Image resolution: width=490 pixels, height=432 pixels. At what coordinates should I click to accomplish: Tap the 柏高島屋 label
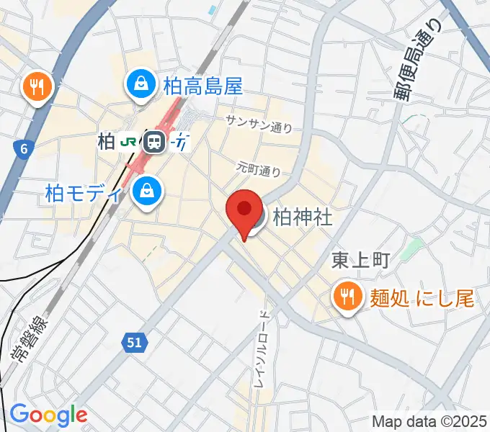[x=203, y=86]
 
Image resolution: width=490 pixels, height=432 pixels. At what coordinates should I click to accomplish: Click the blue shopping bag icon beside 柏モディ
[x=147, y=192]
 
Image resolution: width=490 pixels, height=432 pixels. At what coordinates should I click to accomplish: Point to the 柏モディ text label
[x=84, y=193]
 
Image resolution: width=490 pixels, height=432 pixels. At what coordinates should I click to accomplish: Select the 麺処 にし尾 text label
[x=422, y=297]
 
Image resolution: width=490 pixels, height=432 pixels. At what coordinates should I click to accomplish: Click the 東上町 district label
[x=360, y=260]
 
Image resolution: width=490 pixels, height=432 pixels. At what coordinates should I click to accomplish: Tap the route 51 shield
[x=134, y=344]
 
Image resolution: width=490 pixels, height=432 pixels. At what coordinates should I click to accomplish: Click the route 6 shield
[x=24, y=149]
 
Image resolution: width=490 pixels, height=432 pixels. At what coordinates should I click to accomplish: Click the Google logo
[x=48, y=415]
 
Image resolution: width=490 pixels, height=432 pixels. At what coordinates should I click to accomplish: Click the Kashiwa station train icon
[x=153, y=142]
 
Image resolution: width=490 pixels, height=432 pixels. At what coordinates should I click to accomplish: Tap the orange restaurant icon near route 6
[x=36, y=87]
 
